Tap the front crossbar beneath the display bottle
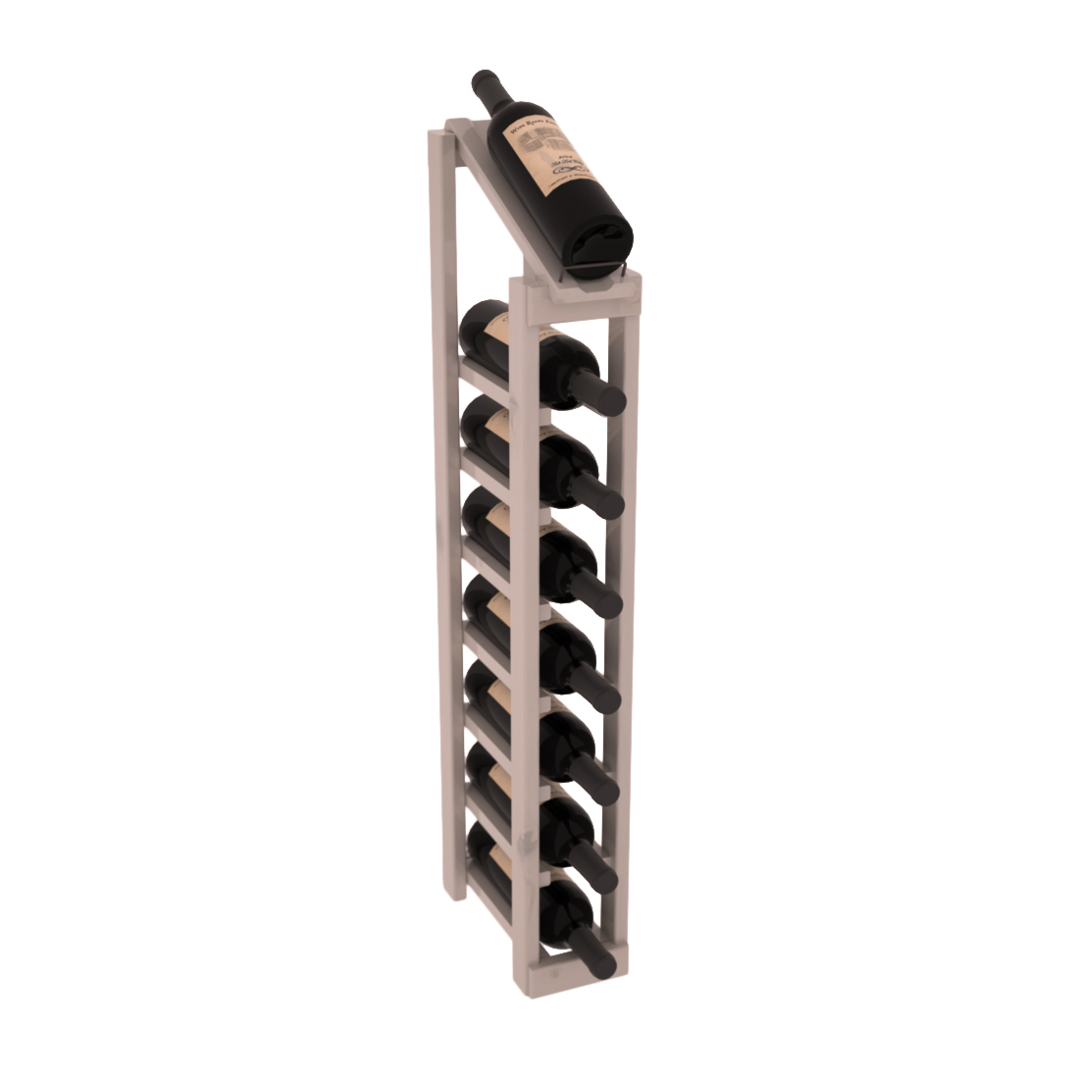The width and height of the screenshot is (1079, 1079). pyautogui.click(x=579, y=289)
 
